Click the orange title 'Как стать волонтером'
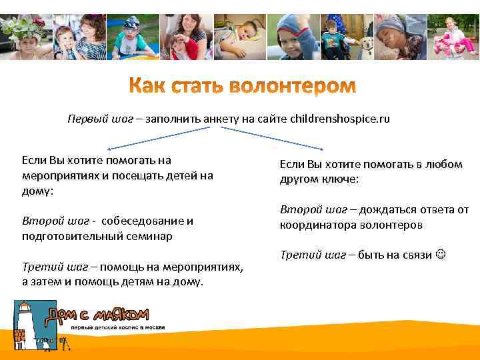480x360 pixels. (242, 87)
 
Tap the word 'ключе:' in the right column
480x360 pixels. (341, 179)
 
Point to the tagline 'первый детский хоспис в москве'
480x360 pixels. (119, 328)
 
